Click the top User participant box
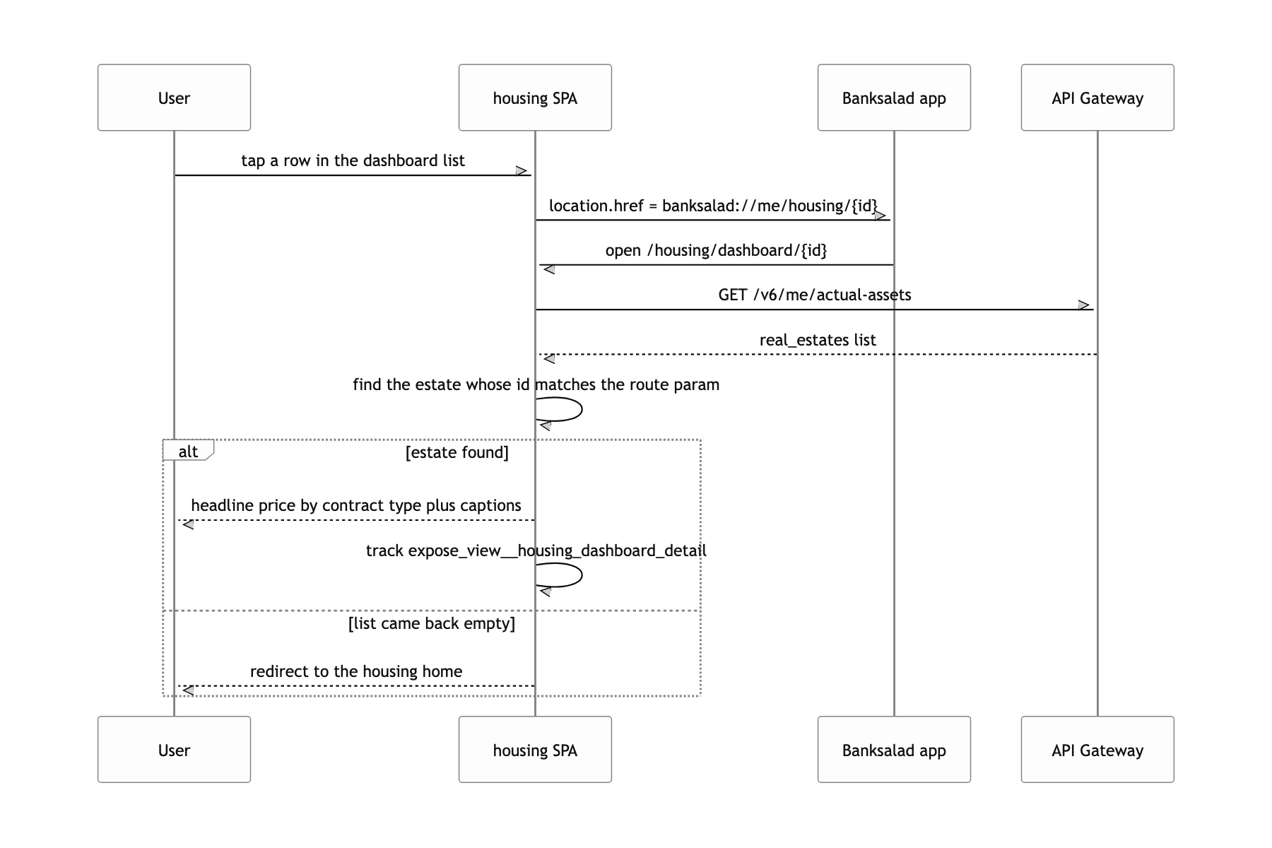pyautogui.click(x=174, y=98)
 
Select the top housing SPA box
pyautogui.click(x=535, y=98)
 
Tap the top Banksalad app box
pyautogui.click(x=894, y=98)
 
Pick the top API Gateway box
pyautogui.click(x=1097, y=98)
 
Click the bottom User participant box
pyautogui.click(x=174, y=750)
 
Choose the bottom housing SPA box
pyautogui.click(x=535, y=750)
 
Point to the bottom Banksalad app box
pyautogui.click(x=894, y=750)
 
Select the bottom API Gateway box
pyautogui.click(x=1097, y=750)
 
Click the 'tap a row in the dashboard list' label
pyautogui.click(x=353, y=161)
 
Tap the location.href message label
pyautogui.click(x=713, y=206)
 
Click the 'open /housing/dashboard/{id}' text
pyautogui.click(x=716, y=250)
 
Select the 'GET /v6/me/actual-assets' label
pyautogui.click(x=815, y=295)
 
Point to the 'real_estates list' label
pyautogui.click(x=818, y=340)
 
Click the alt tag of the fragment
pyautogui.click(x=188, y=451)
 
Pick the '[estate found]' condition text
pyautogui.click(x=457, y=452)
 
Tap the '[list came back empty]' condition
pyautogui.click(x=432, y=623)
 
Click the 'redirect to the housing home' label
pyautogui.click(x=356, y=671)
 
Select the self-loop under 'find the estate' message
pyautogui.click(x=582, y=409)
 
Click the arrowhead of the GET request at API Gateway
pyautogui.click(x=1085, y=305)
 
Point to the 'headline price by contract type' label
pyautogui.click(x=356, y=505)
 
